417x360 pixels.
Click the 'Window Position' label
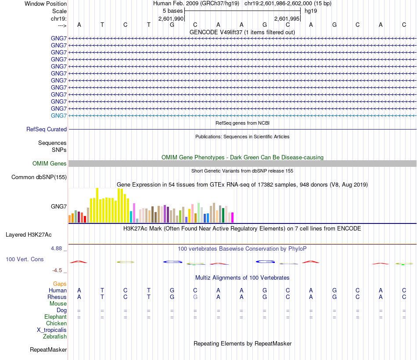pyautogui.click(x=46, y=4)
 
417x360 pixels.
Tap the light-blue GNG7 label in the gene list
pyautogui.click(x=59, y=115)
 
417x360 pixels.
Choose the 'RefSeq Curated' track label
pyautogui.click(x=47, y=130)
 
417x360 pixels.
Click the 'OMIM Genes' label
pyautogui.click(x=50, y=164)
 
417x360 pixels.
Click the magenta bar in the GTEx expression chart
pyautogui.click(x=232, y=218)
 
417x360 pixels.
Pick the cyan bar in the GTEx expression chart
pyautogui.click(x=131, y=217)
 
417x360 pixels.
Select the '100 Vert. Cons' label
pyautogui.click(x=25, y=259)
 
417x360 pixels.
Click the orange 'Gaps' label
pyautogui.click(x=60, y=284)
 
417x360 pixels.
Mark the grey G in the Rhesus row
pyautogui.click(x=195, y=297)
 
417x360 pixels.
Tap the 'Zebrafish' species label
pyautogui.click(x=55, y=337)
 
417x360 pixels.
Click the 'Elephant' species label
pyautogui.click(x=55, y=317)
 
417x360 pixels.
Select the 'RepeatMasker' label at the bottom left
pyautogui.click(x=48, y=350)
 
